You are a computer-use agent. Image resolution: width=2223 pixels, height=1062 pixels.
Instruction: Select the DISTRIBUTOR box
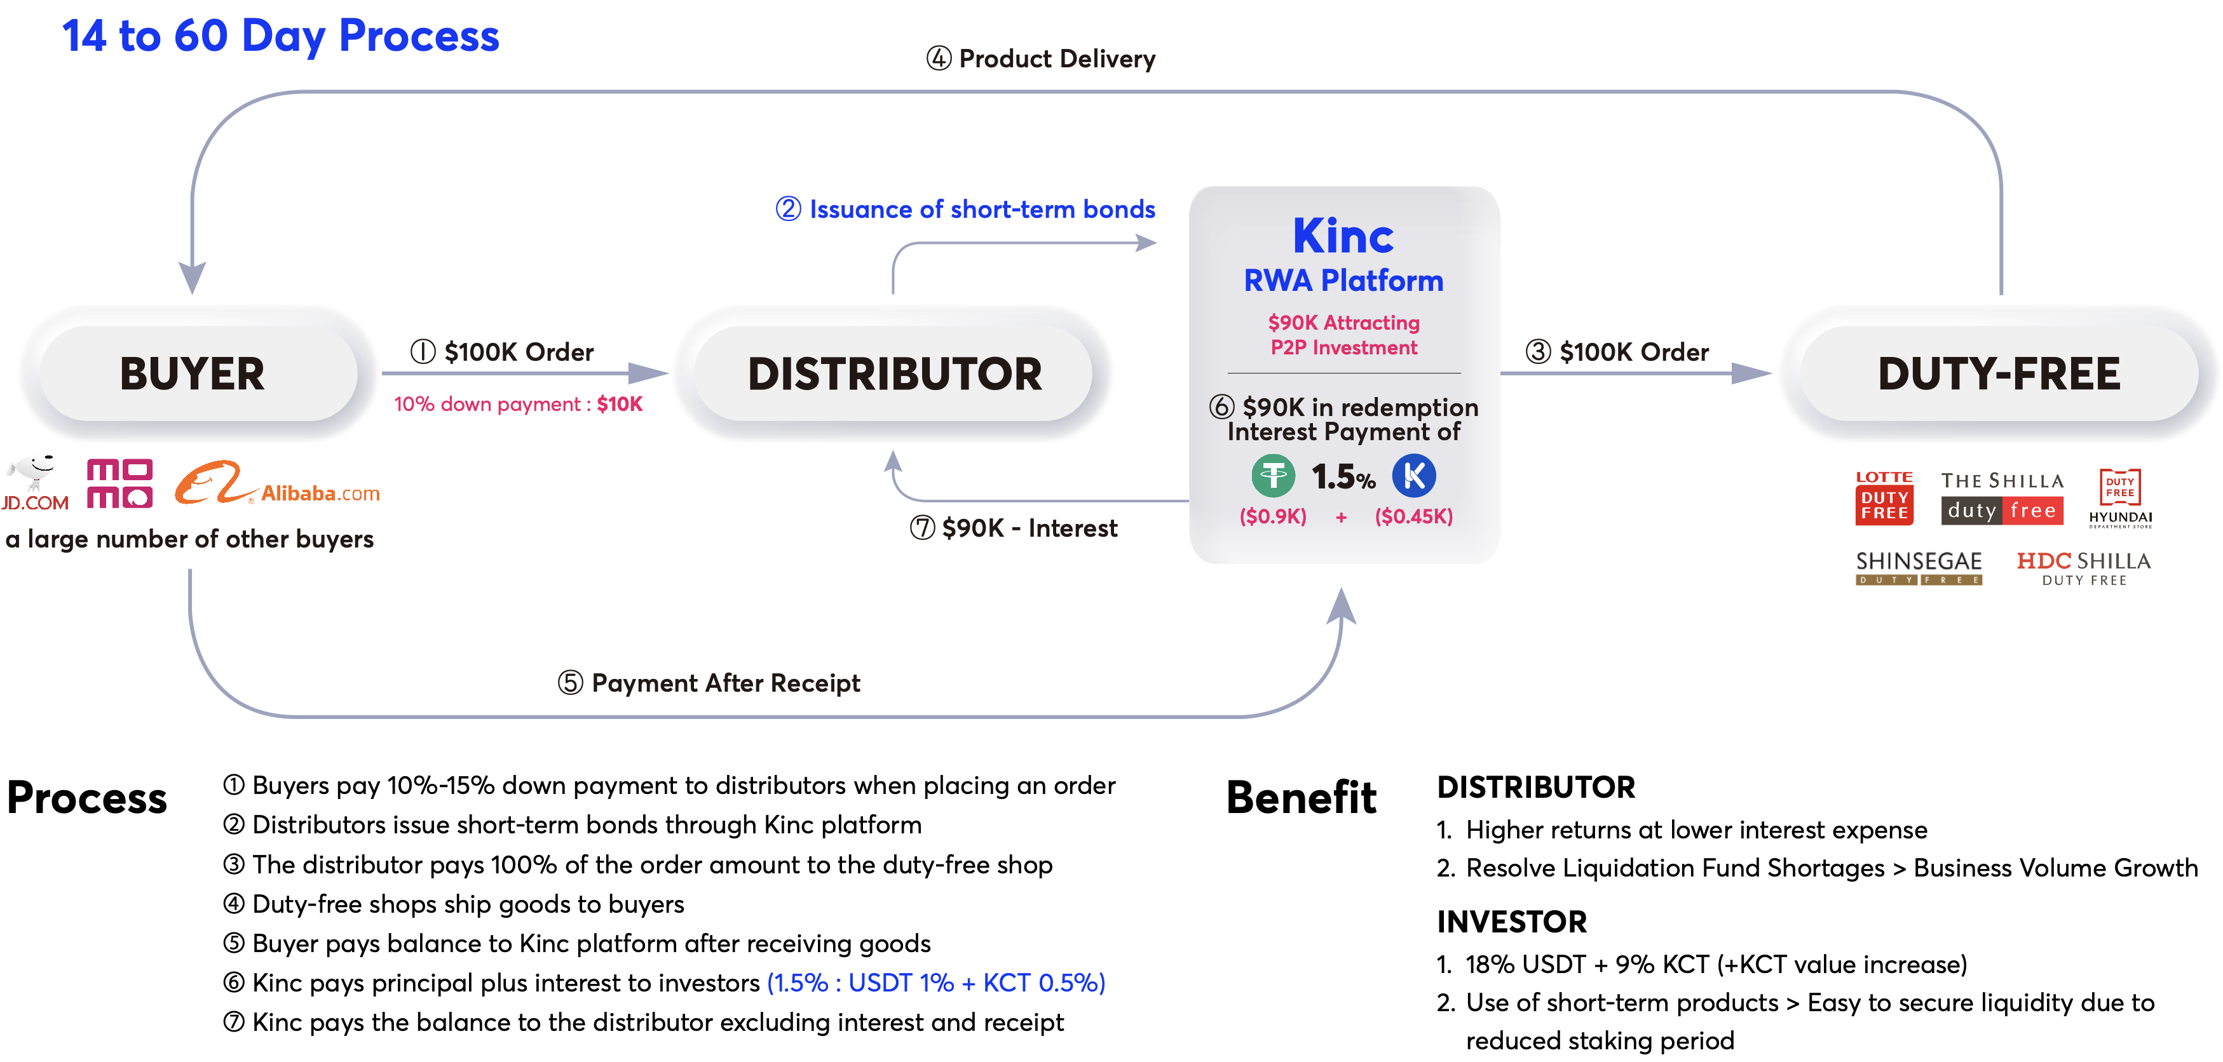coord(894,373)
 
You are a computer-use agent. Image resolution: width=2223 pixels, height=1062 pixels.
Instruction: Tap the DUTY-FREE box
coord(1999,373)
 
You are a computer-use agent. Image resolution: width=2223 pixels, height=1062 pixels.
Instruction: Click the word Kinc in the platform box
coord(1343,236)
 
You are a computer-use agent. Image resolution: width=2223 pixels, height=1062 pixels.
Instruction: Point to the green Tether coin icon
coord(1273,475)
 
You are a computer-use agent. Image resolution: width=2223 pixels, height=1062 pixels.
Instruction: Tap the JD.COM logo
coord(34,484)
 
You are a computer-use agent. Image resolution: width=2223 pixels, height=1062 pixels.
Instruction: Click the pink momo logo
coord(120,484)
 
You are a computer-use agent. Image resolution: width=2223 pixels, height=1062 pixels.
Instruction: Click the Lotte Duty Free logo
coord(1884,498)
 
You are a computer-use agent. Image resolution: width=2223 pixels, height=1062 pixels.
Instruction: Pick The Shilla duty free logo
coord(2002,498)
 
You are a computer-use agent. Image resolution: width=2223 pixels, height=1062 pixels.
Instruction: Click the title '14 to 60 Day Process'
coord(280,36)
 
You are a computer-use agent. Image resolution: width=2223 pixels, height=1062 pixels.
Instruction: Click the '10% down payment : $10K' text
coord(518,404)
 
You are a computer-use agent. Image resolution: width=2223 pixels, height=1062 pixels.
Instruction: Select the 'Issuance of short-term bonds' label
coord(966,210)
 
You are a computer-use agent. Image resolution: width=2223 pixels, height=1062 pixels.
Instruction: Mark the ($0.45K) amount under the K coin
coord(1413,517)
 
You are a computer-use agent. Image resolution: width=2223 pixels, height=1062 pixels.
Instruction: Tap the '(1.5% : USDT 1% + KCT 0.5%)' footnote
coord(935,983)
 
